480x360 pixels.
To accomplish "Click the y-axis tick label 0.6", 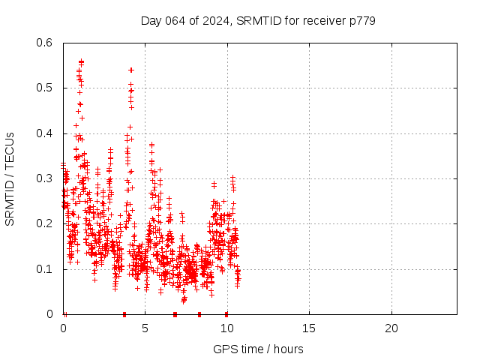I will pyautogui.click(x=46, y=43).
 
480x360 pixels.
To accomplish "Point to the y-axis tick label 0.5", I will pyautogui.click(x=46, y=88).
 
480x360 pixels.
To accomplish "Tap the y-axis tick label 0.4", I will pyautogui.click(x=46, y=133).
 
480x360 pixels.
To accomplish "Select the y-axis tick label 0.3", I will pyautogui.click(x=46, y=178).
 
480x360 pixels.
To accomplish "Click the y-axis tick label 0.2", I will pyautogui.click(x=46, y=223).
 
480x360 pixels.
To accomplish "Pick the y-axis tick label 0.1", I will pyautogui.click(x=46, y=268).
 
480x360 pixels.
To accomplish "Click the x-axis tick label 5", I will pyautogui.click(x=145, y=328).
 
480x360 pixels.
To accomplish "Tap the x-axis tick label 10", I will pyautogui.click(x=226, y=328).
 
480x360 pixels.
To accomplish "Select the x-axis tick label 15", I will pyautogui.click(x=309, y=328).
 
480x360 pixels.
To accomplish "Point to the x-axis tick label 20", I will pyautogui.click(x=391, y=328).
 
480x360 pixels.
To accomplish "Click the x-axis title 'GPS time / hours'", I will pyautogui.click(x=259, y=349).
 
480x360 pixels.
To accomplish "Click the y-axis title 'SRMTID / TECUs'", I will pyautogui.click(x=10, y=178).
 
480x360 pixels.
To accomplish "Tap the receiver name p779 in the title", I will pyautogui.click(x=361, y=20).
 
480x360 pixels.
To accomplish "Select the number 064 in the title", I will pyautogui.click(x=175, y=20).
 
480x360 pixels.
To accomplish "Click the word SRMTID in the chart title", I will pyautogui.click(x=254, y=20).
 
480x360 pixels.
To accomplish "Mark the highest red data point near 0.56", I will pyautogui.click(x=81, y=61).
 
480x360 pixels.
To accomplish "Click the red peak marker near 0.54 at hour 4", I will pyautogui.click(x=131, y=70).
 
